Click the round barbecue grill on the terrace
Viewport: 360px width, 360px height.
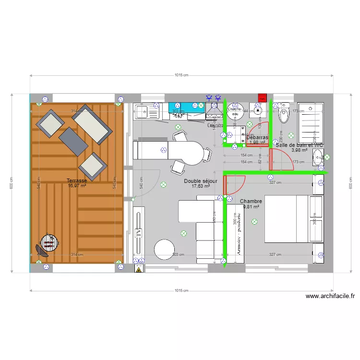(x=49, y=242)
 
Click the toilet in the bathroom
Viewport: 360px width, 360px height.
(x=284, y=114)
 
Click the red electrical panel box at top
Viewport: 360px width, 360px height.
(x=262, y=97)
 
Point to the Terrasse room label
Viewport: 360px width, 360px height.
(x=77, y=180)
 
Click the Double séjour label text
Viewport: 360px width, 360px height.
(x=201, y=181)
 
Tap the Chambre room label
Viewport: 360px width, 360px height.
(x=251, y=201)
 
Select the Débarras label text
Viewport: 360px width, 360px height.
(x=257, y=137)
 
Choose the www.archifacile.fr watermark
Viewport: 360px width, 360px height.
(x=329, y=297)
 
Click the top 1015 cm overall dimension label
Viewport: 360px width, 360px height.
(x=181, y=75)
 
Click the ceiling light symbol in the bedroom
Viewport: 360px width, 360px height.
(x=254, y=222)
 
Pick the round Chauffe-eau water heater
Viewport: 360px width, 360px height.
(x=235, y=111)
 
